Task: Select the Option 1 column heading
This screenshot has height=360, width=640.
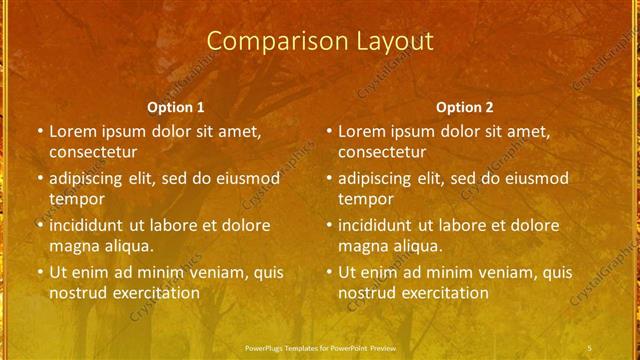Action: (x=176, y=106)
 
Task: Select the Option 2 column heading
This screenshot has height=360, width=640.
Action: (x=465, y=106)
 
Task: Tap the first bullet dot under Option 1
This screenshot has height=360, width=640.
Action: (x=40, y=131)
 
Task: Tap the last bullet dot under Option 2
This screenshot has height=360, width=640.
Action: (x=329, y=272)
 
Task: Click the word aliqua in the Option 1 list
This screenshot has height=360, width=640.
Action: (x=127, y=246)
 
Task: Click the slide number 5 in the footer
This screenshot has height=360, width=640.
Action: (x=590, y=347)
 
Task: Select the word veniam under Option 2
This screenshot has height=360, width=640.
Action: (x=482, y=272)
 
